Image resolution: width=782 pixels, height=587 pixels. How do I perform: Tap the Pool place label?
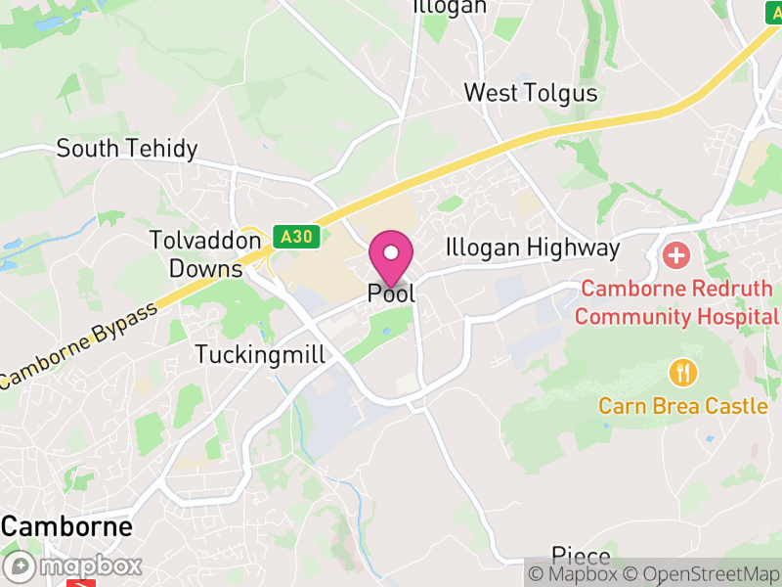[x=391, y=293]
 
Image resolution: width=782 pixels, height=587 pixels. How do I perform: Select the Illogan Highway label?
[x=533, y=248]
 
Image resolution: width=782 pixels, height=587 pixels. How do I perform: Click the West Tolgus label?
[x=530, y=93]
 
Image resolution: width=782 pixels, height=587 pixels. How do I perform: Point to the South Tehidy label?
[x=127, y=149]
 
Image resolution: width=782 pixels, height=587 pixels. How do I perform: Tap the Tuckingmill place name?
[x=260, y=354]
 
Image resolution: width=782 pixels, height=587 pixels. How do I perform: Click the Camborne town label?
[x=66, y=526]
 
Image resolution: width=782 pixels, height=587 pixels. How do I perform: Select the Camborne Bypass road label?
[x=78, y=347]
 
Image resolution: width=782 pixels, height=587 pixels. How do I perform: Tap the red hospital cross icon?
[x=675, y=256]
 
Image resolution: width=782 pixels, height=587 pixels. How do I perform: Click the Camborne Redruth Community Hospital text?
[x=676, y=303]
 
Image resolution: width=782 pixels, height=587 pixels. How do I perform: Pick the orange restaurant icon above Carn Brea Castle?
[x=682, y=373]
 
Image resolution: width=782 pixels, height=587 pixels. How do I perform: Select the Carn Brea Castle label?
[x=683, y=405]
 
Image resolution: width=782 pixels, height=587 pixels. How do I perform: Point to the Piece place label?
[x=581, y=556]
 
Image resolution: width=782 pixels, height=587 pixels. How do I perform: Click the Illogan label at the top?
[x=450, y=7]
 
